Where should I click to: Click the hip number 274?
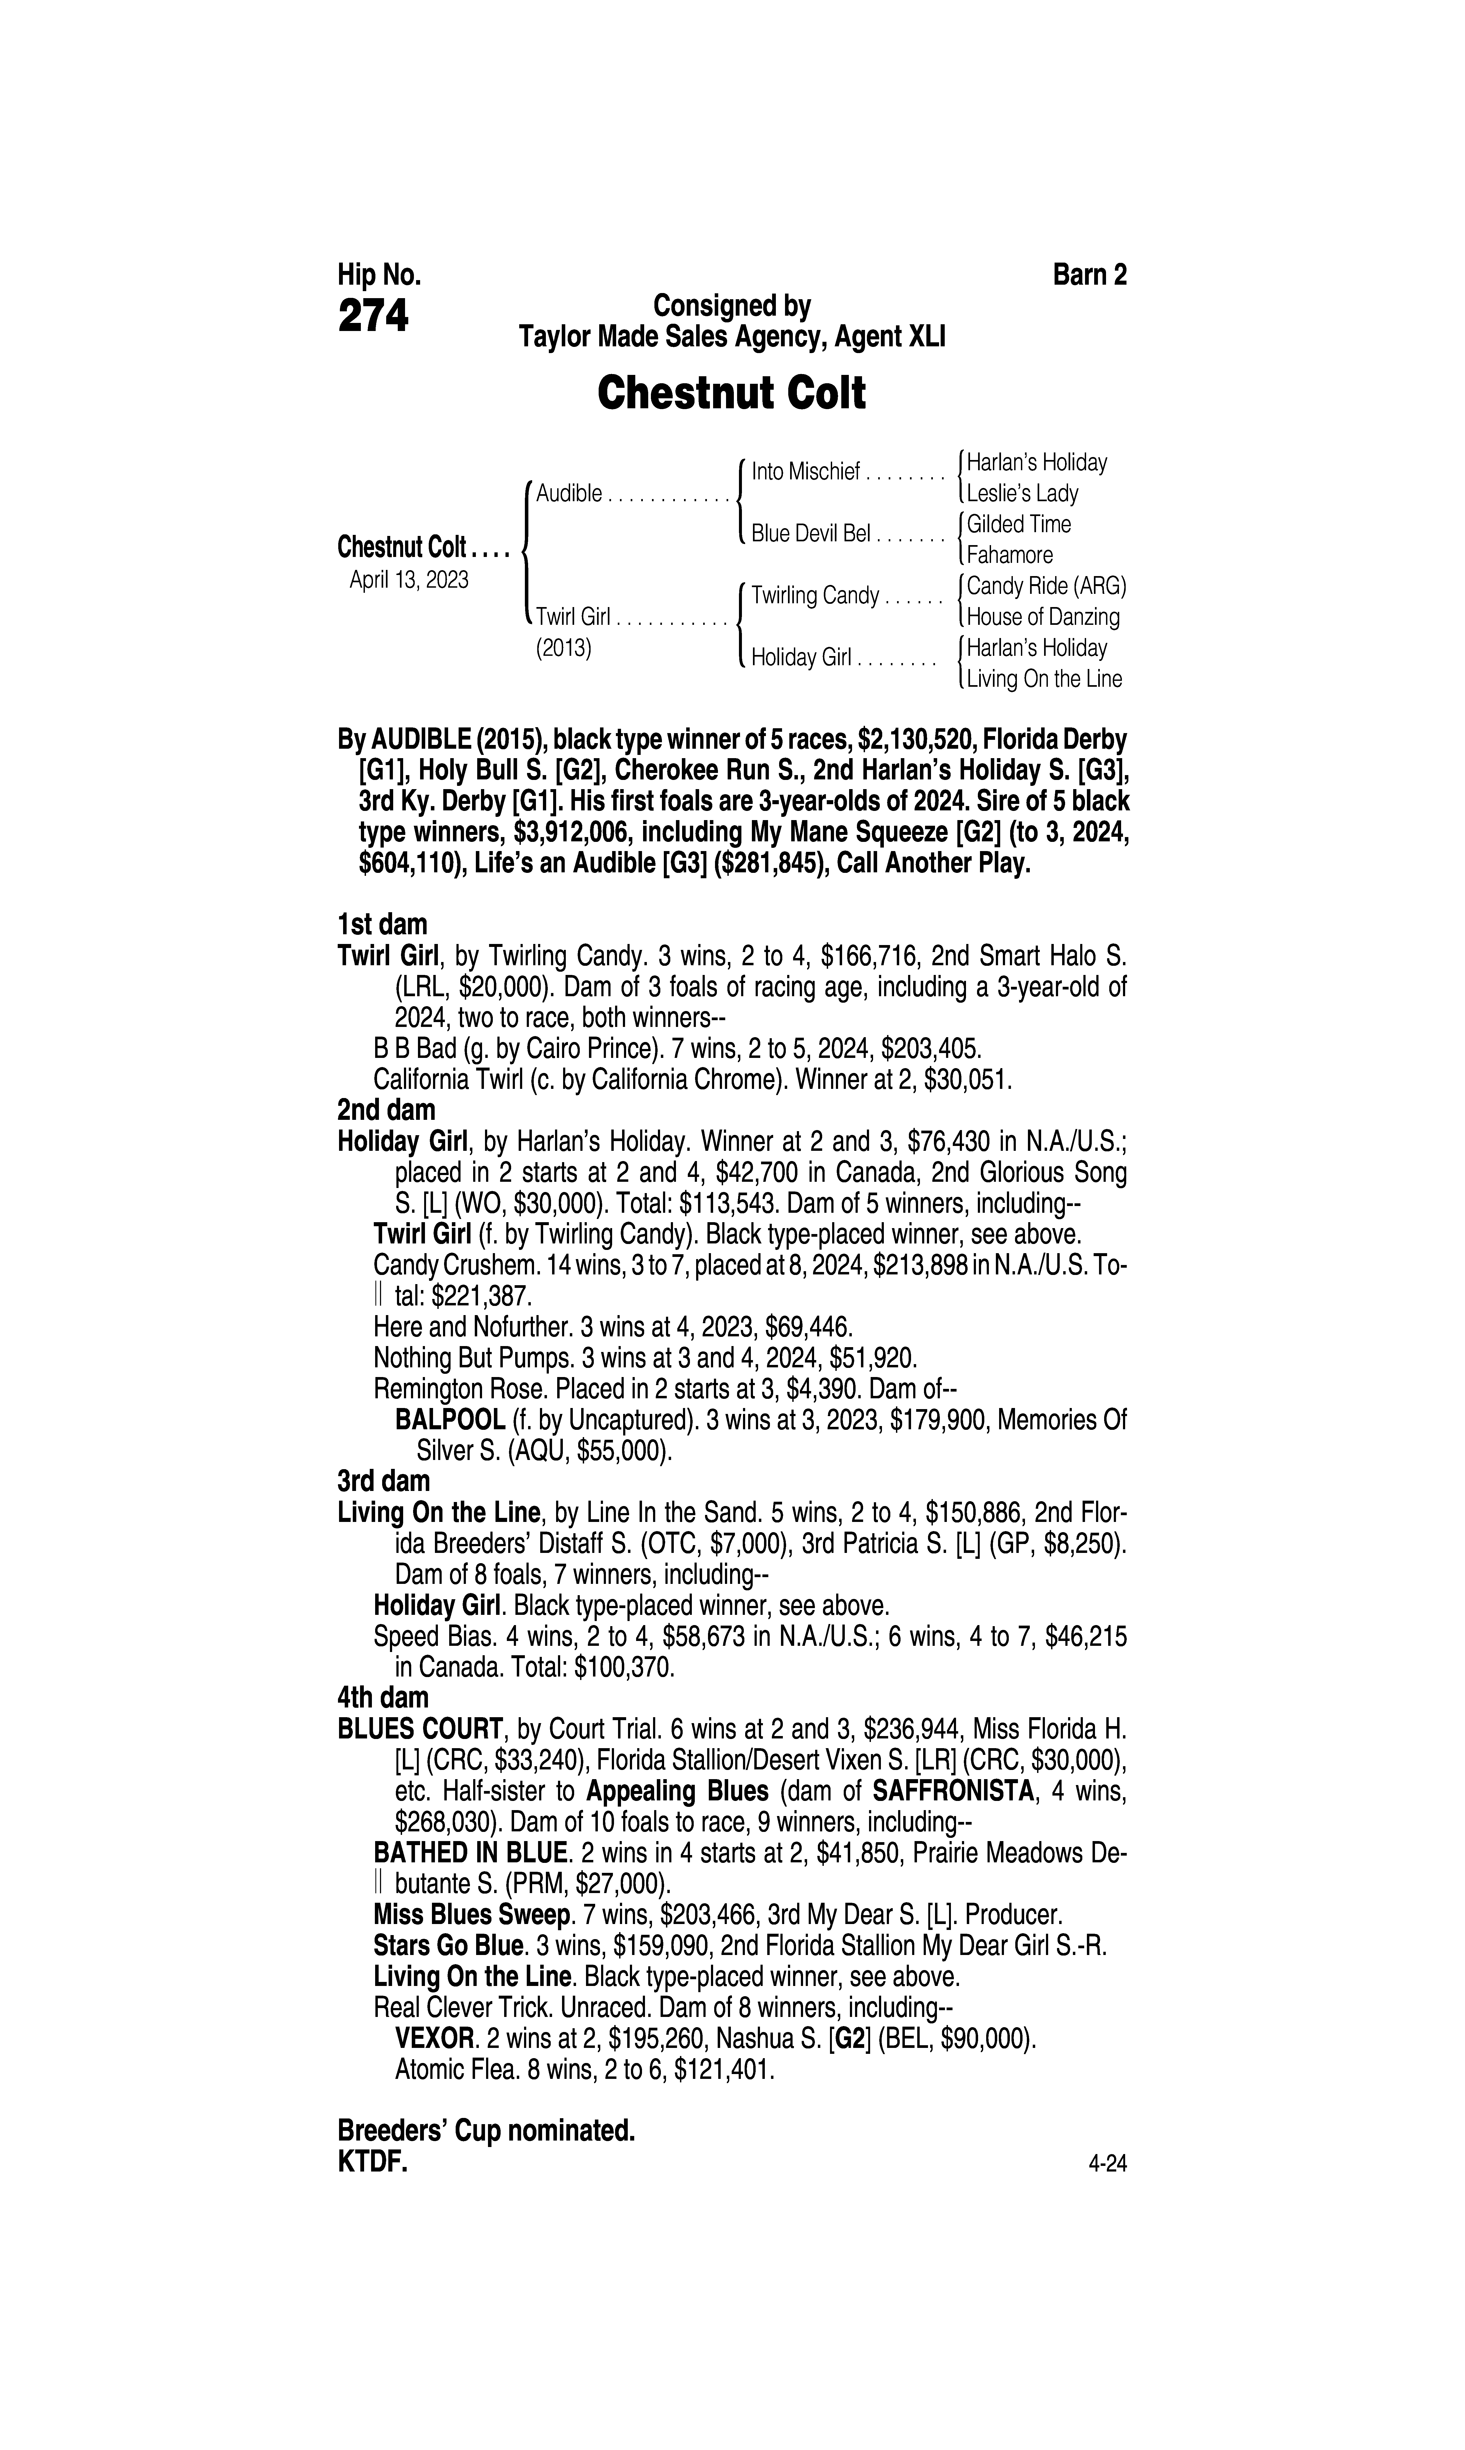[373, 317]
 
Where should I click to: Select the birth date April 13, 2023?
[409, 579]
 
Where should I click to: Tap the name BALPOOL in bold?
[449, 1420]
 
